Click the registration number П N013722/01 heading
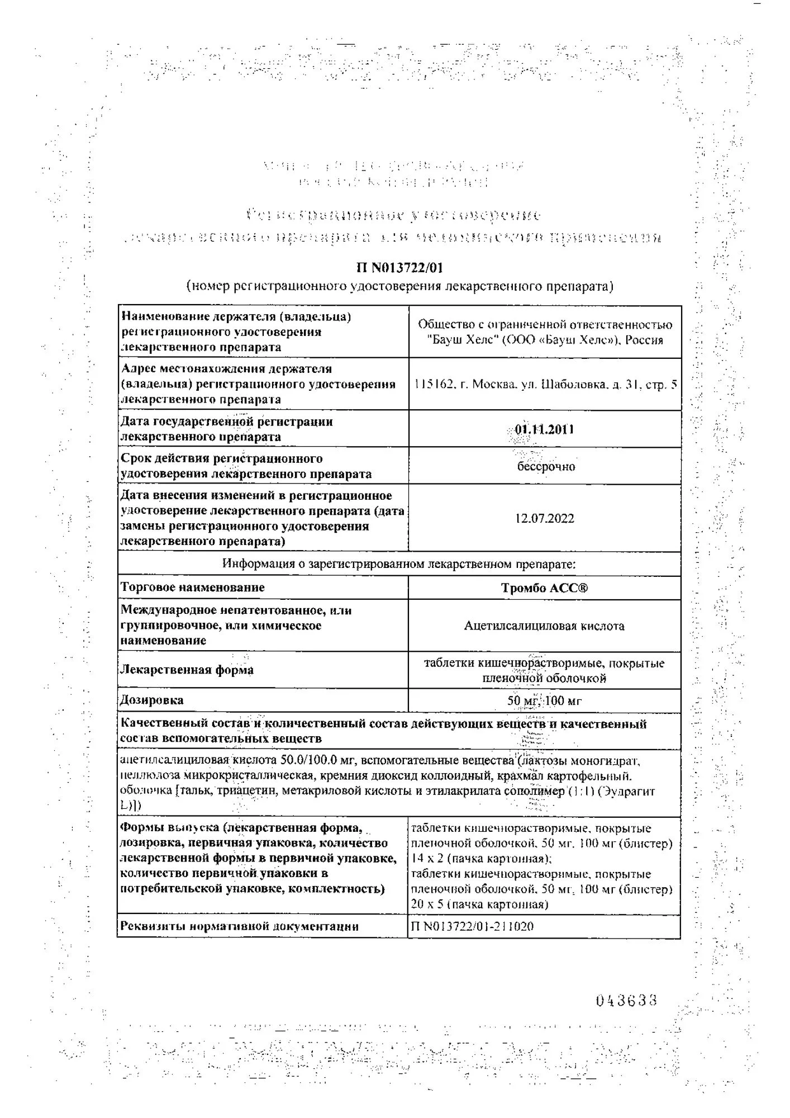399,268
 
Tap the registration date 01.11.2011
544,429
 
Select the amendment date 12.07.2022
544,518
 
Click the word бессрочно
546,466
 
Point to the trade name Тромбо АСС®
544,588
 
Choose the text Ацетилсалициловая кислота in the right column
544,626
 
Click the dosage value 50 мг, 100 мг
544,700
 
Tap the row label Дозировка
152,700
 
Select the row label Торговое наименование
193,588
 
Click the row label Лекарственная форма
187,670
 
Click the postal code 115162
434,385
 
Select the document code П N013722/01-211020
472,926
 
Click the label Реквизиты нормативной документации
239,926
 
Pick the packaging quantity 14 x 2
426,859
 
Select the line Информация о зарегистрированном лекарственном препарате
399,563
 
